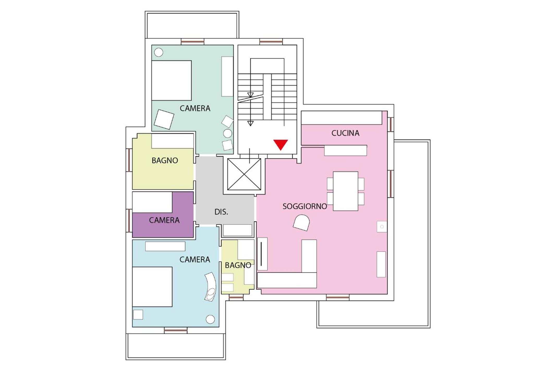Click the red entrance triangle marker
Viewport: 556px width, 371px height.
(280, 144)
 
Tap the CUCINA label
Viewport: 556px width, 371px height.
(345, 133)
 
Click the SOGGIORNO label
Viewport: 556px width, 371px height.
(305, 206)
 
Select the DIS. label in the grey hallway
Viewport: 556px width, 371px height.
(221, 212)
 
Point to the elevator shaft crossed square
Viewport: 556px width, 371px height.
(244, 174)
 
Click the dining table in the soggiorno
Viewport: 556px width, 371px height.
(345, 191)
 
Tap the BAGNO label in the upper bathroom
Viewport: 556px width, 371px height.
(165, 160)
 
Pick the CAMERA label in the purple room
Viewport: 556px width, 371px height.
(164, 220)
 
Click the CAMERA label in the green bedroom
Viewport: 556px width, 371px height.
(195, 108)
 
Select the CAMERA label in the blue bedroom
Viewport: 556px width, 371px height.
(195, 259)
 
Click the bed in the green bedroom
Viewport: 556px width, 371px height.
(171, 81)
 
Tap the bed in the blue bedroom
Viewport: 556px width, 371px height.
(152, 287)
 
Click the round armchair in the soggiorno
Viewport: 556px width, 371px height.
(301, 222)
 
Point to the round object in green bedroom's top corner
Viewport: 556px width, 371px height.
(159, 52)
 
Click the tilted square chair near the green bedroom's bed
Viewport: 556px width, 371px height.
(164, 119)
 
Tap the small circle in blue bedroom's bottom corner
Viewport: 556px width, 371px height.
(210, 319)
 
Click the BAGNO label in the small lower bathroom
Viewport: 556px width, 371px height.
(238, 265)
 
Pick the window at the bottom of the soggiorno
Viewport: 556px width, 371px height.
(338, 297)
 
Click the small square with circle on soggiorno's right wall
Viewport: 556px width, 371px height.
(382, 227)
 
